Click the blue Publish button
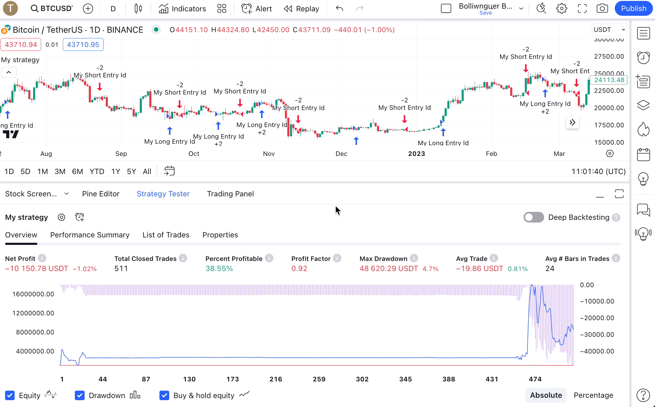pyautogui.click(x=633, y=9)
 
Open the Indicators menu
pyautogui.click(x=182, y=9)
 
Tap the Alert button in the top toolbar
pyautogui.click(x=257, y=9)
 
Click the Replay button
pyautogui.click(x=301, y=9)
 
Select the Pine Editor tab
pyautogui.click(x=101, y=194)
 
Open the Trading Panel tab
pyautogui.click(x=230, y=194)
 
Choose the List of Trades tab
pyautogui.click(x=166, y=235)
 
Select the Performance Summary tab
pyautogui.click(x=90, y=235)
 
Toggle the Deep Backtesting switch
pyautogui.click(x=533, y=217)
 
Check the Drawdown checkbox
pyautogui.click(x=80, y=395)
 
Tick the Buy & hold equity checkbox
pyautogui.click(x=164, y=395)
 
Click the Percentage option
pyautogui.click(x=593, y=395)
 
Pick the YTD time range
pyautogui.click(x=97, y=171)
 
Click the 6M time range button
pyautogui.click(x=77, y=171)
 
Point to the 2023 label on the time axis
pyautogui.click(x=416, y=154)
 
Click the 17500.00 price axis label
pyautogui.click(x=609, y=125)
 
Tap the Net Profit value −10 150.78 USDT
pyautogui.click(x=37, y=268)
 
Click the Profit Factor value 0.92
pyautogui.click(x=299, y=268)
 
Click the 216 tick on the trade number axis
pyautogui.click(x=276, y=379)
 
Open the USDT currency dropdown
pyautogui.click(x=609, y=30)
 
